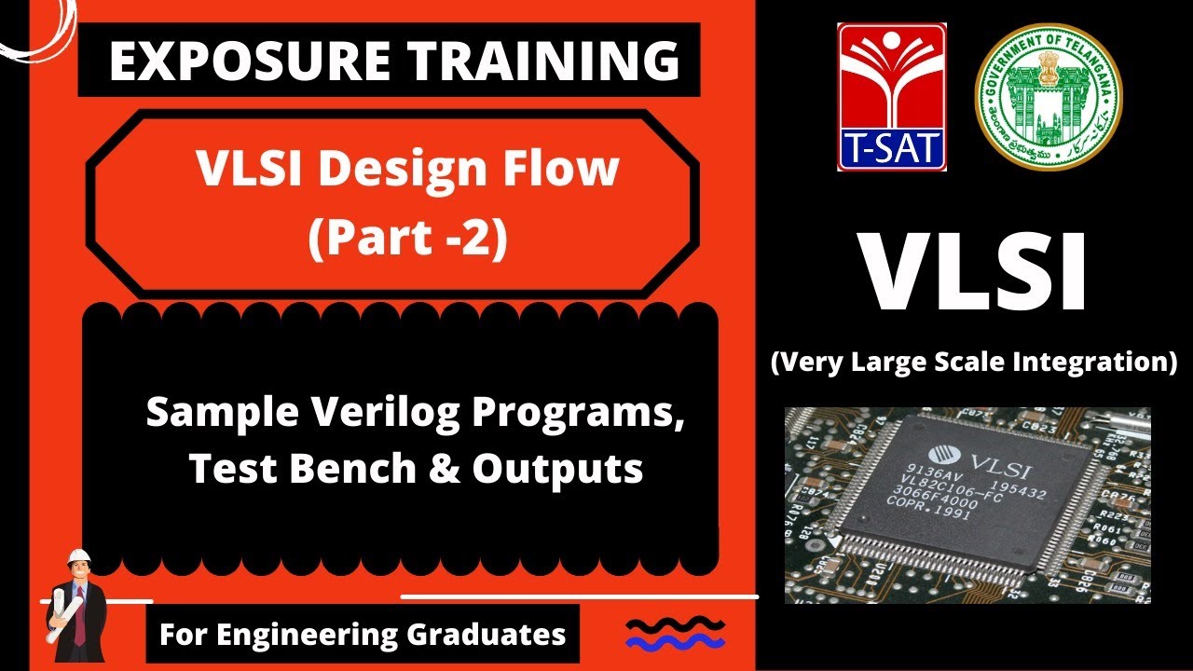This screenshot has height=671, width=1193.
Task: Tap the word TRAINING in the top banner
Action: click(527, 61)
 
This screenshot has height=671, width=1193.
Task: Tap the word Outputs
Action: click(557, 469)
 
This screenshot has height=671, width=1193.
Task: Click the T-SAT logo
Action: click(892, 97)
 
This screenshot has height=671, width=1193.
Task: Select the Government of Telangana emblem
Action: click(1049, 97)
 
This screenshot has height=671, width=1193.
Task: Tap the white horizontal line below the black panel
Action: click(579, 596)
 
